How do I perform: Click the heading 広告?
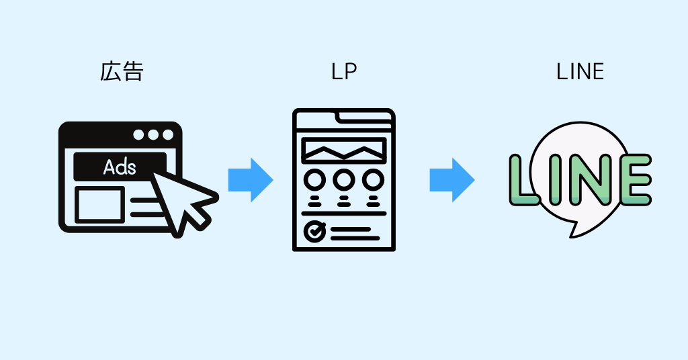122,71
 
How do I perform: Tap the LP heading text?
343,71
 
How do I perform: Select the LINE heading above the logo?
580,71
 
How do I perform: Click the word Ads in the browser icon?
120,167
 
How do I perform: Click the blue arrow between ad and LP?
250,179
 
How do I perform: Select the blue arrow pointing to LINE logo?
451,179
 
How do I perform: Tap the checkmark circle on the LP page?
314,231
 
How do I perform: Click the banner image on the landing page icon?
344,150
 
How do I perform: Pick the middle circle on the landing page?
344,180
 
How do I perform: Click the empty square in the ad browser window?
99,204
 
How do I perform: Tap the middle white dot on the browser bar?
153,134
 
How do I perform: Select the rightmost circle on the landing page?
373,180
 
